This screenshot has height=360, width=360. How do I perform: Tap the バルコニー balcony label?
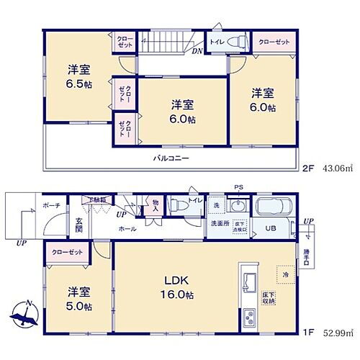pos(171,157)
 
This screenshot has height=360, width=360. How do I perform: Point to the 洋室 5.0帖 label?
pos(79,300)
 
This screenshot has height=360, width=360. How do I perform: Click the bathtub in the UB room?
pos(274,207)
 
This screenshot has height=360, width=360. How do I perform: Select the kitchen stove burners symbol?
pos(250,317)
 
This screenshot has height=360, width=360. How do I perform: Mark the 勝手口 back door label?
pos(307,257)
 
